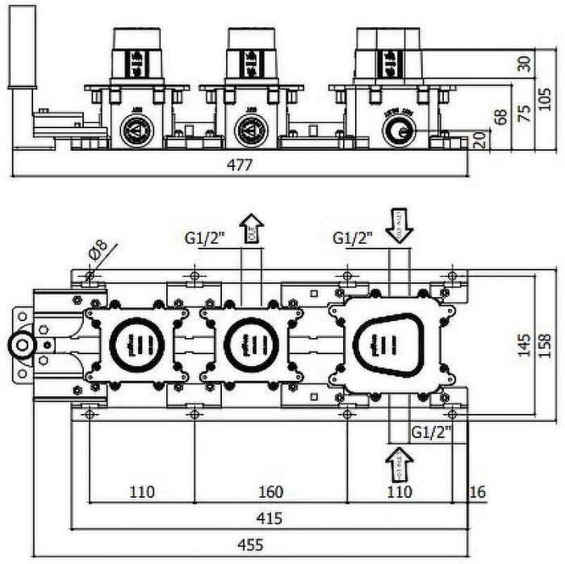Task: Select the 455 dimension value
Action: pos(254,545)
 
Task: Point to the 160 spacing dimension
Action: pos(271,491)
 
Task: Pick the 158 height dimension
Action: pos(547,345)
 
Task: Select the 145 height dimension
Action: pos(525,345)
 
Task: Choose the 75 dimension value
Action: pos(525,112)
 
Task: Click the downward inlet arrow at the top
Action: pos(399,224)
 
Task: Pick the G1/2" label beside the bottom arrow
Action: pos(430,431)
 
